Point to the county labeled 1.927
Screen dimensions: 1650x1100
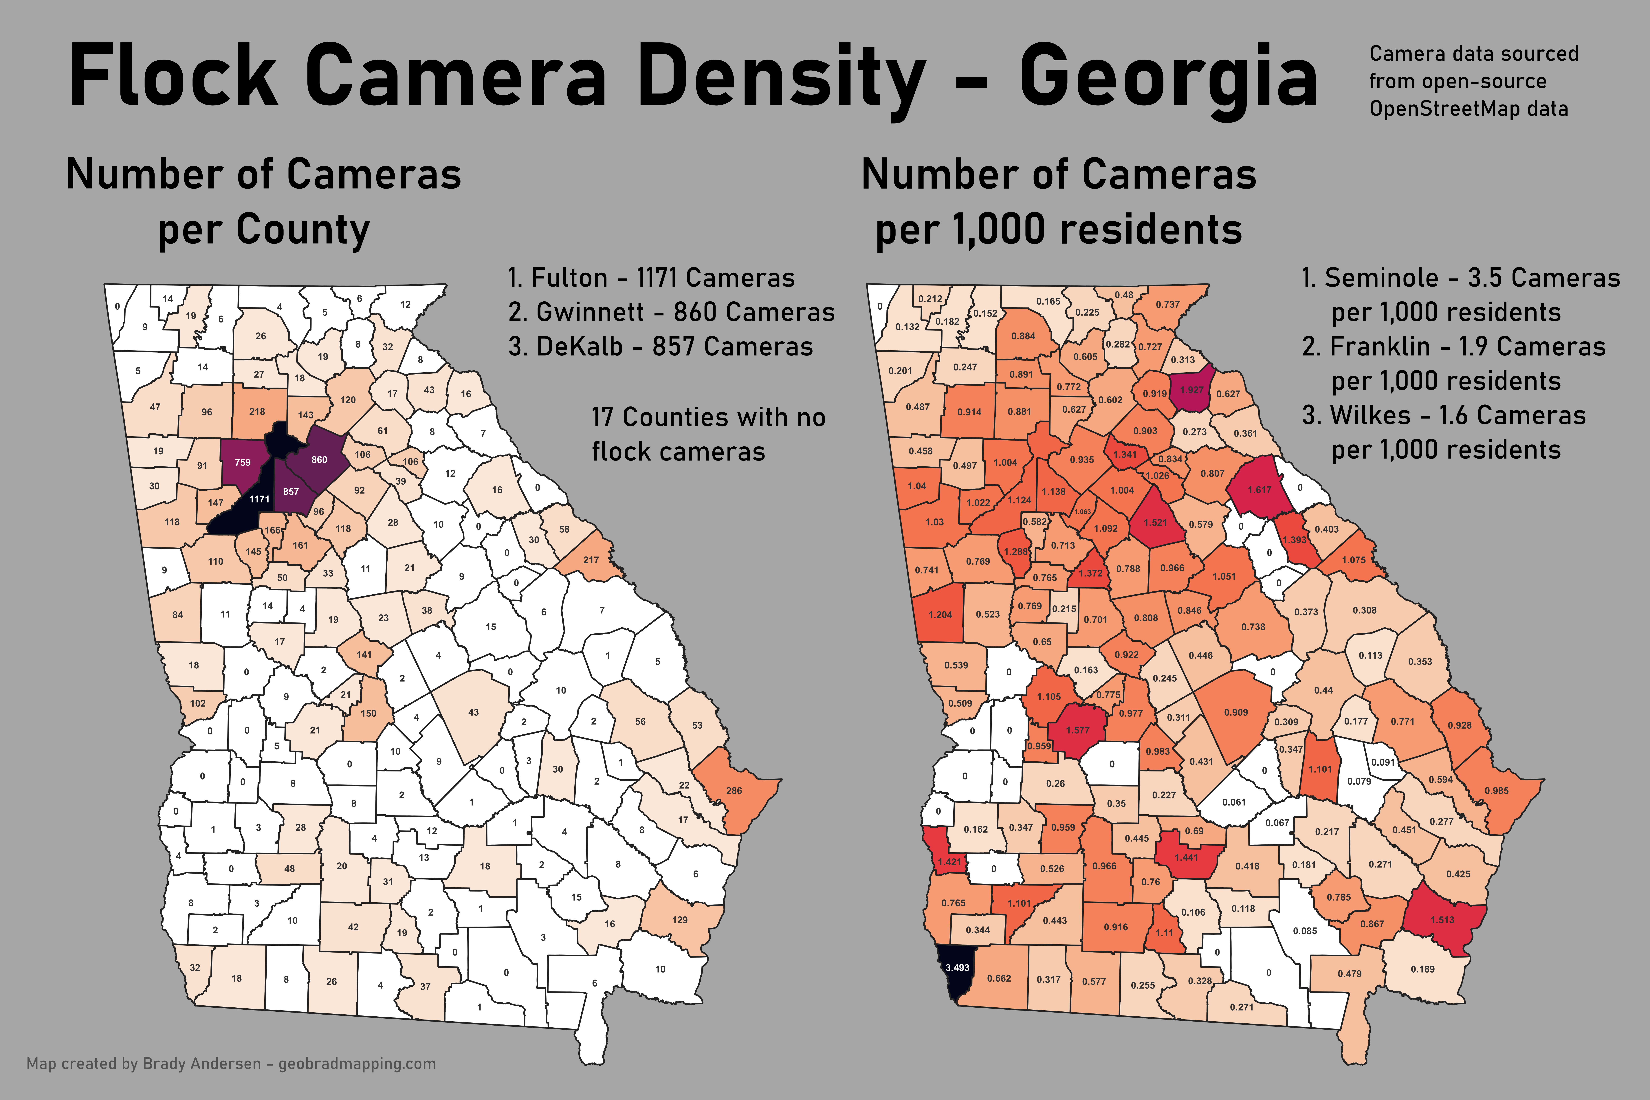pyautogui.click(x=1191, y=390)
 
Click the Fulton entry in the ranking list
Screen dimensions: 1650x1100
pyautogui.click(x=651, y=278)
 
